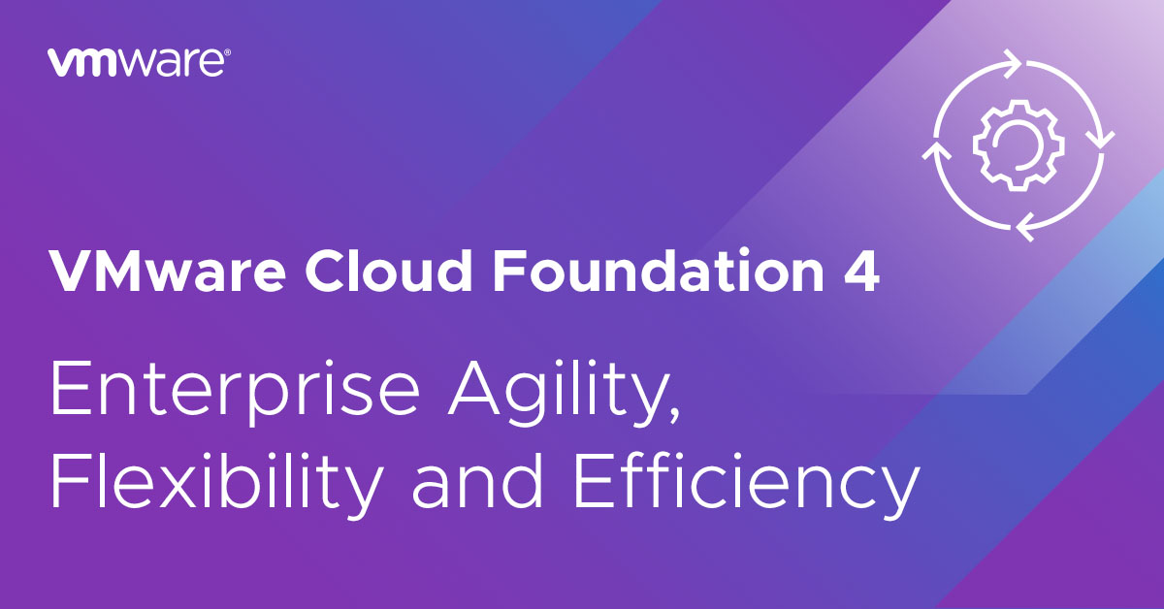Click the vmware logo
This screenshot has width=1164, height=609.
(139, 62)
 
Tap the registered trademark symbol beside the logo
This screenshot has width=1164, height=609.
(228, 52)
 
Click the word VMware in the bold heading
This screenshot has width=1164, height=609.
(167, 272)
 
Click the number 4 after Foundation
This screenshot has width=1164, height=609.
(861, 272)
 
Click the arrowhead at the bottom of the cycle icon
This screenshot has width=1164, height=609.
(1024, 227)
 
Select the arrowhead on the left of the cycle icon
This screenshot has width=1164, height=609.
(936, 150)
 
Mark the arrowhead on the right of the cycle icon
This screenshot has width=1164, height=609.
(1100, 141)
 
